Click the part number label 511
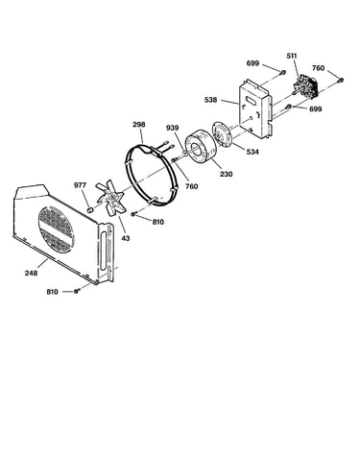point(292,56)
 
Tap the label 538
point(210,100)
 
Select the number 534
point(252,152)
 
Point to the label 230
point(226,174)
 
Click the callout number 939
point(172,128)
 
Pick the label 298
point(139,124)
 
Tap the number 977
point(80,185)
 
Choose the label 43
point(126,238)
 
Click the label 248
point(31,273)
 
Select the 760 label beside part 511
point(318,68)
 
